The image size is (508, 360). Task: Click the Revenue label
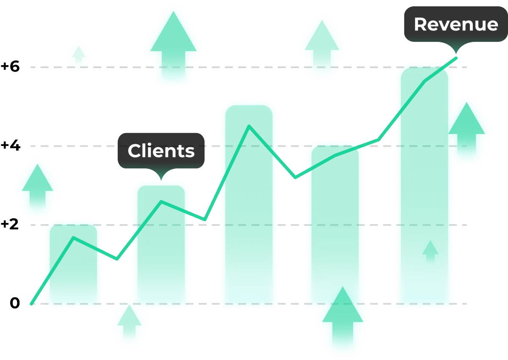[x=456, y=25]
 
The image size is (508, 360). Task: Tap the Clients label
[x=161, y=151]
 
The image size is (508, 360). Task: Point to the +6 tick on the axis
[x=11, y=67]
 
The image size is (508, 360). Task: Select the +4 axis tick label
[x=11, y=145]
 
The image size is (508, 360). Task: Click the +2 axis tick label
[x=11, y=224]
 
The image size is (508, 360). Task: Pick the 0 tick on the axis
[x=15, y=303]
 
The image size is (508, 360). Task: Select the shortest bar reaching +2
[x=74, y=264]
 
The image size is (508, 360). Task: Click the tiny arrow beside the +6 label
[x=78, y=56]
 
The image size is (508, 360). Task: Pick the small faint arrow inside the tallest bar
[x=431, y=252]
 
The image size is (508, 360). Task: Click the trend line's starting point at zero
[x=31, y=303]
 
